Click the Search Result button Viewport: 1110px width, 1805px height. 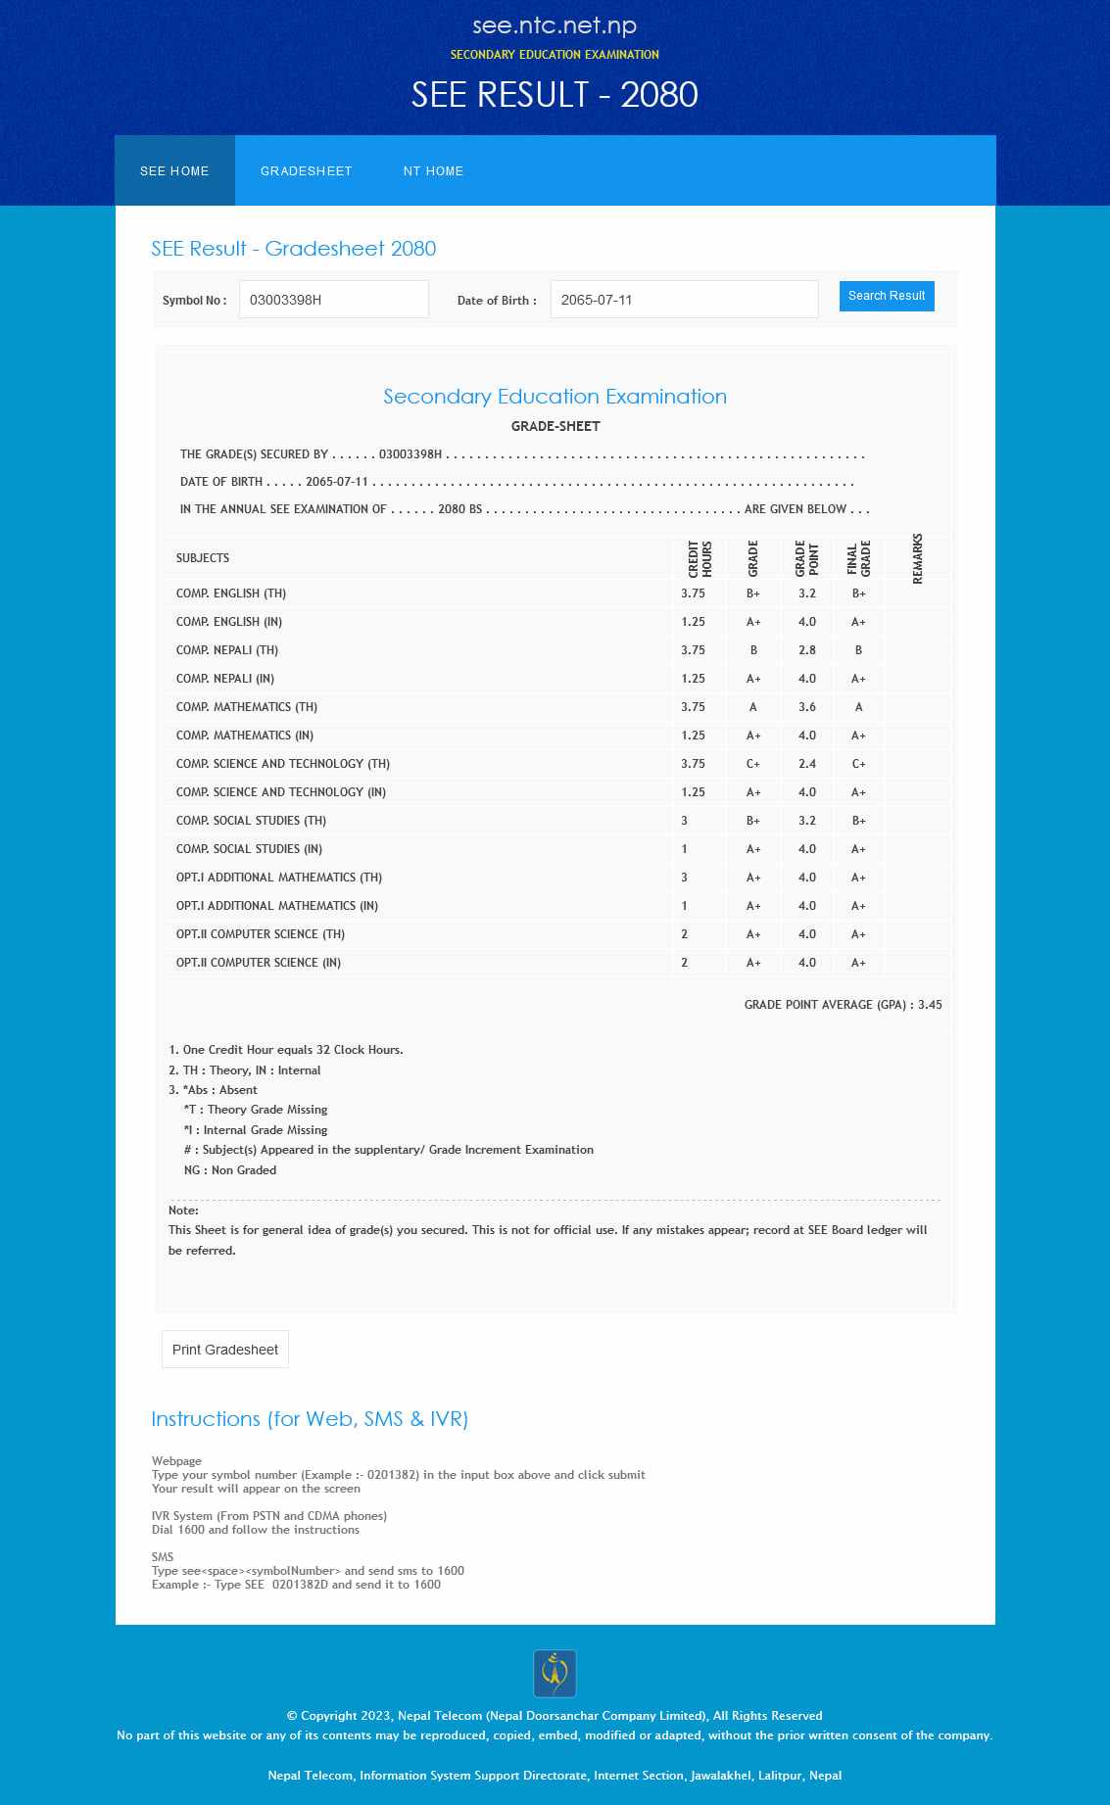click(x=886, y=296)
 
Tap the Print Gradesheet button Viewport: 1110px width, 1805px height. click(x=225, y=1350)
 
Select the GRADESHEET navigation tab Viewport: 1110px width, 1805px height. click(x=306, y=171)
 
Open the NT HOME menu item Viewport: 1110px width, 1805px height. click(x=433, y=171)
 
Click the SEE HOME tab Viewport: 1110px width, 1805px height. click(x=174, y=171)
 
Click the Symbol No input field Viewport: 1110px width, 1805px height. click(x=333, y=300)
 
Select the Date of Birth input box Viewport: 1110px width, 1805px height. click(x=684, y=300)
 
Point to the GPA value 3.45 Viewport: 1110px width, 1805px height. click(x=930, y=1005)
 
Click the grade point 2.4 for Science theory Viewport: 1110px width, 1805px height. click(x=806, y=764)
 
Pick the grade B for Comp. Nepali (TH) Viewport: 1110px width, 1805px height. click(x=753, y=650)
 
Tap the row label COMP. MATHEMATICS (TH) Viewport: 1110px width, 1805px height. click(x=247, y=707)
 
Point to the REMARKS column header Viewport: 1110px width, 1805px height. click(x=917, y=558)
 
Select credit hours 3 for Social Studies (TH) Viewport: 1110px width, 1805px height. click(x=685, y=821)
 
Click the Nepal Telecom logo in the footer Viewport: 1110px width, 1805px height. click(x=555, y=1674)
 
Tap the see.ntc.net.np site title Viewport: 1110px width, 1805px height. click(x=555, y=25)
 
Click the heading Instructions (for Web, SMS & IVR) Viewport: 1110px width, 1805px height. click(x=310, y=1419)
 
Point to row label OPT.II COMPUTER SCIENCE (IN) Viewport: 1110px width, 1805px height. click(x=259, y=963)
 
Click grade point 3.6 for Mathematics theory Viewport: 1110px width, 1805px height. click(x=806, y=707)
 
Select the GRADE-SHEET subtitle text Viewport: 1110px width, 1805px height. click(x=555, y=426)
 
